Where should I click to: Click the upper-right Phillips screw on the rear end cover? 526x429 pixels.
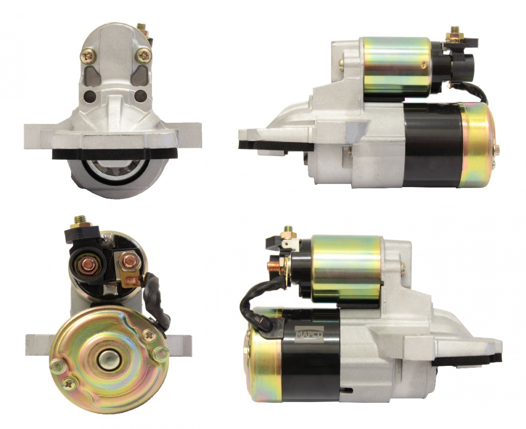[151, 336]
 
